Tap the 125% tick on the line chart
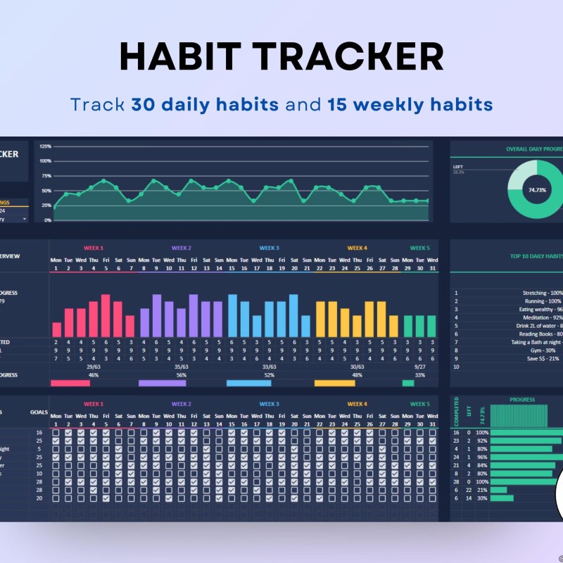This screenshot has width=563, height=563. pyautogui.click(x=45, y=146)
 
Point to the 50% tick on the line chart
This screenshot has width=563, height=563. pyautogui.click(x=46, y=191)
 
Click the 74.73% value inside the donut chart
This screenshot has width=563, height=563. pyautogui.click(x=538, y=190)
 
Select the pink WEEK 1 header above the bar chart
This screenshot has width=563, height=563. pyautogui.click(x=94, y=248)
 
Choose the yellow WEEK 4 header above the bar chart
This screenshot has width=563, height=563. pyautogui.click(x=357, y=248)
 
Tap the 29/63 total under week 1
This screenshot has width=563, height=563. pyautogui.click(x=94, y=367)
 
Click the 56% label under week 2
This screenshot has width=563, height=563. pyautogui.click(x=182, y=375)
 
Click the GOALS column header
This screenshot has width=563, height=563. pyautogui.click(x=39, y=414)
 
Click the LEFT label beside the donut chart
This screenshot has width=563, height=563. pyautogui.click(x=457, y=167)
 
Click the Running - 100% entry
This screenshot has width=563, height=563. pyautogui.click(x=545, y=301)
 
